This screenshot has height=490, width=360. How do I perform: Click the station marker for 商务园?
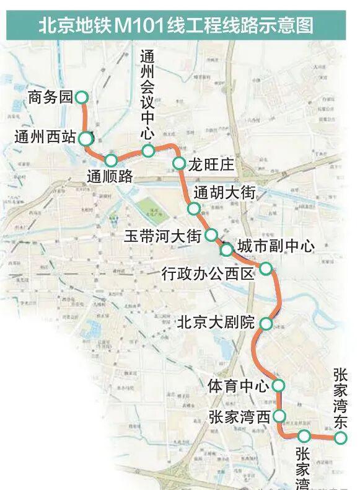click(82, 97)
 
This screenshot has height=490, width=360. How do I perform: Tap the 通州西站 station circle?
click(87, 138)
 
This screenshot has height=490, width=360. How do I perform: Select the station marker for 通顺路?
click(111, 160)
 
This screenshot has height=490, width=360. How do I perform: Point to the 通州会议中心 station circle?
click(147, 151)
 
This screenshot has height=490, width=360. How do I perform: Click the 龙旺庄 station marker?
click(178, 164)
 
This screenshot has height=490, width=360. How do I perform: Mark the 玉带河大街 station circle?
click(211, 235)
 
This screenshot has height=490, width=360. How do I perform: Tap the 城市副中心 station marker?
click(227, 249)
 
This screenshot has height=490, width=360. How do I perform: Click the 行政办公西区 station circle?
click(265, 268)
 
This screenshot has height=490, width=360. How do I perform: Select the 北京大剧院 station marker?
click(266, 323)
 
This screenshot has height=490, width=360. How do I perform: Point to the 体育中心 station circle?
click(278, 386)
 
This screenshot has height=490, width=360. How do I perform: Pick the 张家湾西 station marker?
click(279, 416)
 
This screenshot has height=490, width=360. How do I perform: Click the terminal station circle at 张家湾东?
click(340, 439)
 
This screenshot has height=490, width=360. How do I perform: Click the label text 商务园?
click(50, 97)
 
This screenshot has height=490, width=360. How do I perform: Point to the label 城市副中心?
click(276, 246)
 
